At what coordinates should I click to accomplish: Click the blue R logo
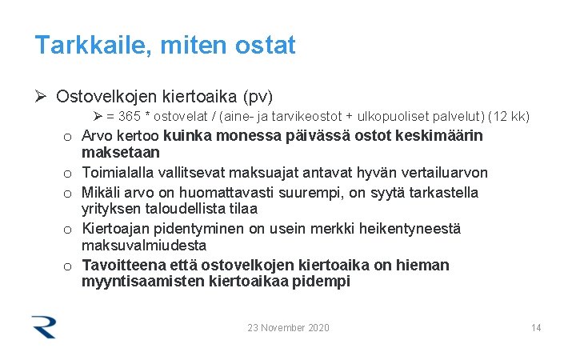click(x=44, y=326)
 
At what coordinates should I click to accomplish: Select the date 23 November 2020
click(x=288, y=327)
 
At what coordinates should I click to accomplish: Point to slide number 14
click(x=536, y=327)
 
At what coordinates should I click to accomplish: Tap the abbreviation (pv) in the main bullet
click(x=258, y=97)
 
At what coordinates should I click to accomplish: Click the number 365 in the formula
click(x=130, y=117)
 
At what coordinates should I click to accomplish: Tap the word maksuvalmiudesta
click(x=144, y=246)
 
